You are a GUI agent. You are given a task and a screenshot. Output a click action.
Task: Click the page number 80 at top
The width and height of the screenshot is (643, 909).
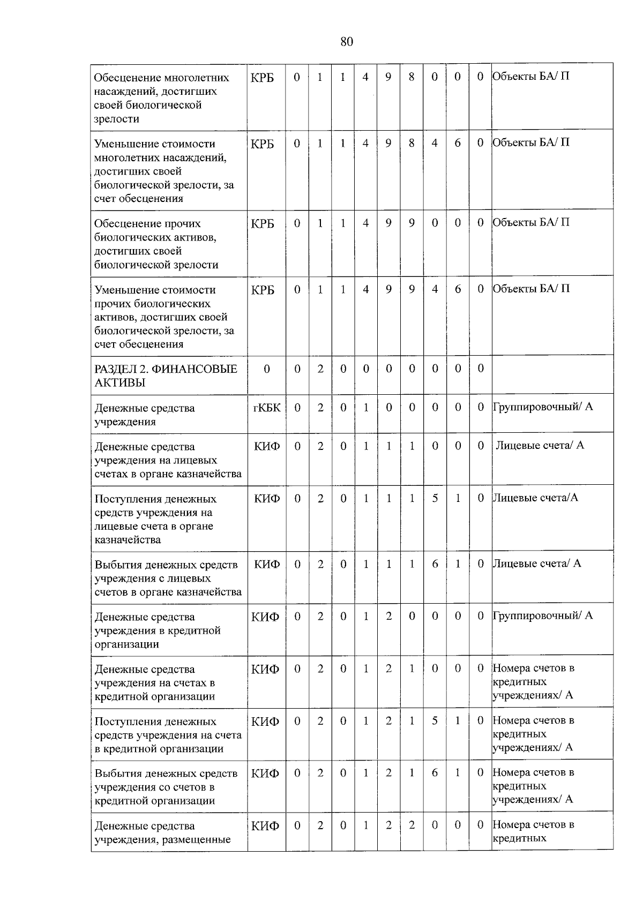347,42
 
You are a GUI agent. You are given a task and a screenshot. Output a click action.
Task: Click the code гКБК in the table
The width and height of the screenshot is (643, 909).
266,408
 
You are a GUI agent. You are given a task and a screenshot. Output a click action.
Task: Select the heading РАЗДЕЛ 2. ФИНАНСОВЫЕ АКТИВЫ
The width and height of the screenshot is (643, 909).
166,375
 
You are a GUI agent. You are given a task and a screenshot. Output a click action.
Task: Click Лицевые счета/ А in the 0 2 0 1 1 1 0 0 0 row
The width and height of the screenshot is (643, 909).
540,445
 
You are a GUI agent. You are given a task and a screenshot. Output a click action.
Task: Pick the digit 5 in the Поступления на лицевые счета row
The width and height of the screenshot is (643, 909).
435,498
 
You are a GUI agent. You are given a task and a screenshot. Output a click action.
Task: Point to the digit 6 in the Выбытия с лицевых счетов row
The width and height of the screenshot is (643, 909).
435,564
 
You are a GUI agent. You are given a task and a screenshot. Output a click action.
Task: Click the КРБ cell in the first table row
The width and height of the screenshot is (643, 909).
262,78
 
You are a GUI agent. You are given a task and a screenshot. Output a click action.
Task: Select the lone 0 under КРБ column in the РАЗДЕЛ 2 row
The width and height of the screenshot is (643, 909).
267,369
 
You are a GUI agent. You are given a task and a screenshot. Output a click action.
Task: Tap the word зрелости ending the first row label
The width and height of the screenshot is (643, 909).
117,119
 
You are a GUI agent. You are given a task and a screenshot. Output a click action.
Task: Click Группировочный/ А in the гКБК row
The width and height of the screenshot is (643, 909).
543,407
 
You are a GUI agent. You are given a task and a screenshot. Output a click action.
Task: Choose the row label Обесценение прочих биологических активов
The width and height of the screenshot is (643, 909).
156,244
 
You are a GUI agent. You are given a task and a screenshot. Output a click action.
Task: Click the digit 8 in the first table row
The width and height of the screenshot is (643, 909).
412,77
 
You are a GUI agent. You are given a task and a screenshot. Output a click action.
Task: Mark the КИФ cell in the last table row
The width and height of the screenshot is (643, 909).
265,826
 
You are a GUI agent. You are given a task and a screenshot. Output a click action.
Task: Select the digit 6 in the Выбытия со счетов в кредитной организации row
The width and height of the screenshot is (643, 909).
435,772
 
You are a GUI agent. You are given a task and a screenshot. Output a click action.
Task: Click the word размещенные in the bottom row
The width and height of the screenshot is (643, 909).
196,839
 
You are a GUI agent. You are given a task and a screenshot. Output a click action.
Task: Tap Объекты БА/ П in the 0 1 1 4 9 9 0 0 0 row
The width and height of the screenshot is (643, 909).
531,222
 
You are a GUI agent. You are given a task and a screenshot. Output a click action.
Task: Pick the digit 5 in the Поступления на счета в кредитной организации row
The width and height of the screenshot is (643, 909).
435,720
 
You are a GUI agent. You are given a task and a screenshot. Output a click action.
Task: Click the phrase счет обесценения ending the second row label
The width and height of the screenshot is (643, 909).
139,199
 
